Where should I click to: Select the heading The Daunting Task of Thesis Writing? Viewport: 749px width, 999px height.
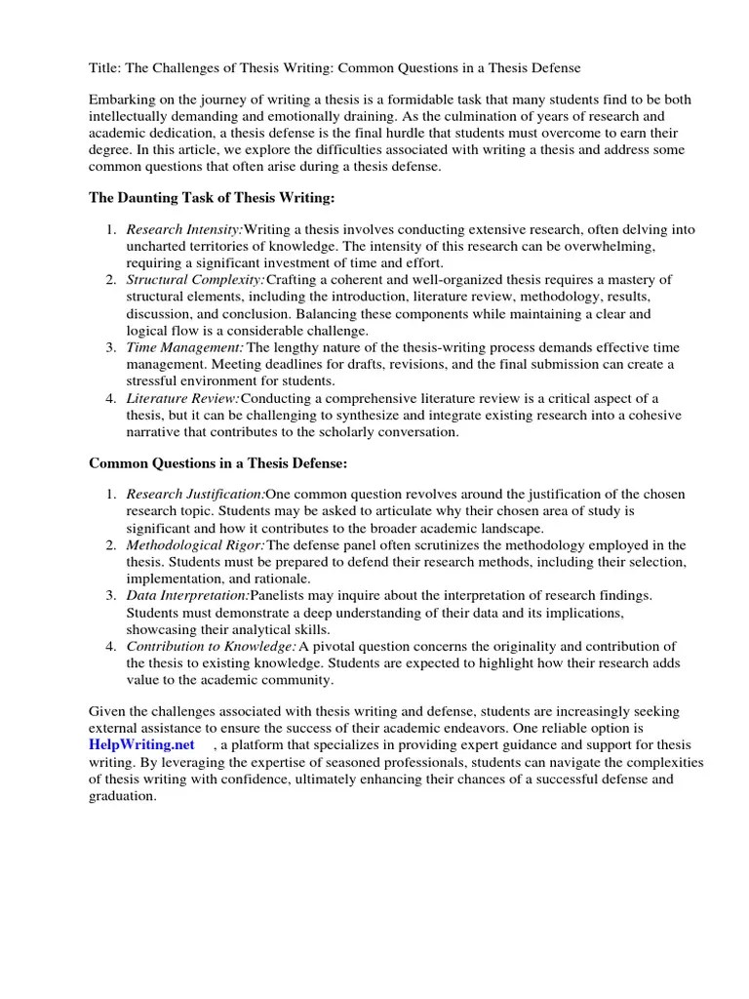212,198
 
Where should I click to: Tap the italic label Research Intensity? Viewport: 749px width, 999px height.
184,229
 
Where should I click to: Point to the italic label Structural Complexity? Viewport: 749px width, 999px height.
193,280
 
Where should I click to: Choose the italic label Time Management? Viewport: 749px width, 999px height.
185,347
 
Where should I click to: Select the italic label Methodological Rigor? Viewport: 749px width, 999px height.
195,544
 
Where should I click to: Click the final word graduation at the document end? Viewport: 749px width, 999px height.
121,796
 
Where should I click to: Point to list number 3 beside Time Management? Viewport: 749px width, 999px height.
110,347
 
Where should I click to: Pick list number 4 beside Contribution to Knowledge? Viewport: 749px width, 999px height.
110,646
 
